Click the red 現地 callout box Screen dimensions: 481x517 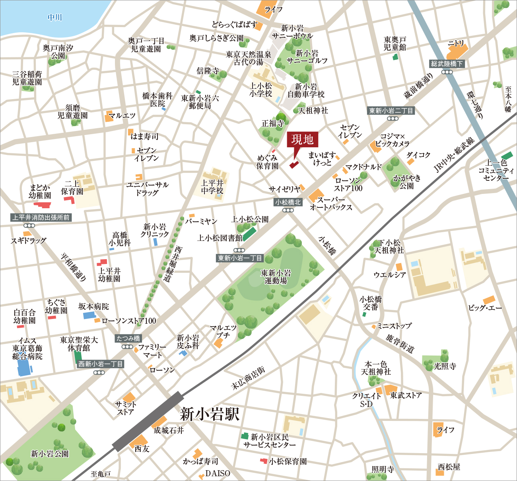[303, 139]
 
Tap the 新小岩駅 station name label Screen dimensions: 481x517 [210, 414]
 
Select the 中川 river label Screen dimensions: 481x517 [54, 18]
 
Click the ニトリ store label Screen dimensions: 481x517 [456, 43]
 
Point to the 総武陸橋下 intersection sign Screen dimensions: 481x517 [447, 64]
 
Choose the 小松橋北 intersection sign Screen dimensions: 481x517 [288, 202]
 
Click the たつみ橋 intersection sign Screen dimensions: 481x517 [128, 338]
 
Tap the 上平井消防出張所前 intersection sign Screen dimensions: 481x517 [41, 217]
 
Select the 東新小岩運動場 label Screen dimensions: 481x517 [276, 277]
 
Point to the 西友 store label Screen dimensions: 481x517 [142, 449]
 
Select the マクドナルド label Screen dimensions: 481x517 [363, 167]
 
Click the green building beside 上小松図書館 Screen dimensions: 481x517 [249, 234]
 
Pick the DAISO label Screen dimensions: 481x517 [218, 473]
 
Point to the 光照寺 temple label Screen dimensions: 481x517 [445, 366]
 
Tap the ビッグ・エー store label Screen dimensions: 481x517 [485, 308]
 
